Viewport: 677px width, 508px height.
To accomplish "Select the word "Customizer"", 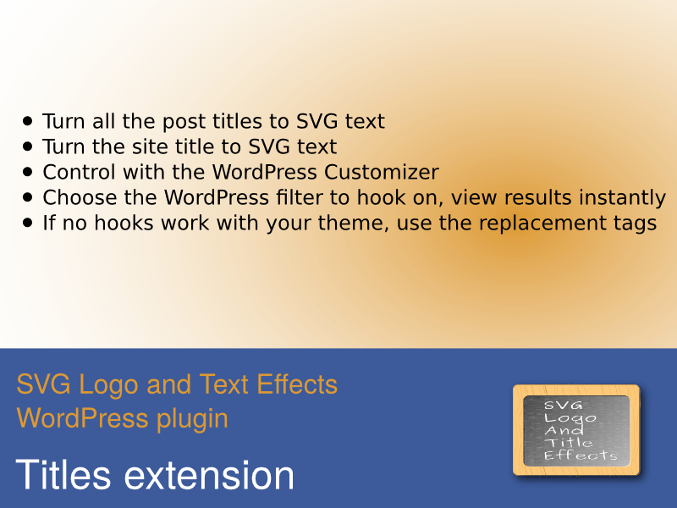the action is tap(382, 172).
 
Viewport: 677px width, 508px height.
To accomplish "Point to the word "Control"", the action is tap(80, 172).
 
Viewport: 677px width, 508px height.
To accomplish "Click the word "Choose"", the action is tap(80, 197).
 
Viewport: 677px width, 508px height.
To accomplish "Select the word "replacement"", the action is tap(542, 224).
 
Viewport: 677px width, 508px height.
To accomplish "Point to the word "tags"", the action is tap(635, 224).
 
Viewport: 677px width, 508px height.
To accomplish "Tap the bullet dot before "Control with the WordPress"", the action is tap(28, 172).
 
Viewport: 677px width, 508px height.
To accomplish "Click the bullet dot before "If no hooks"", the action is tap(28, 223).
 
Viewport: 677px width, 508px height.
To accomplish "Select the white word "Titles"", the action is tap(63, 474).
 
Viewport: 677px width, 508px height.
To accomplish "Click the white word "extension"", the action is tap(209, 475).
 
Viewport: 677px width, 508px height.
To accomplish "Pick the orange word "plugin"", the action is tap(192, 419).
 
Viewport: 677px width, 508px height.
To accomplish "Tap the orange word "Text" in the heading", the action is tap(223, 384).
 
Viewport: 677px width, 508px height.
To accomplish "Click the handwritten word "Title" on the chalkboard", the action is tap(568, 442).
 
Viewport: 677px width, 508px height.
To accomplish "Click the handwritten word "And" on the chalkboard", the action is tap(564, 430).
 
